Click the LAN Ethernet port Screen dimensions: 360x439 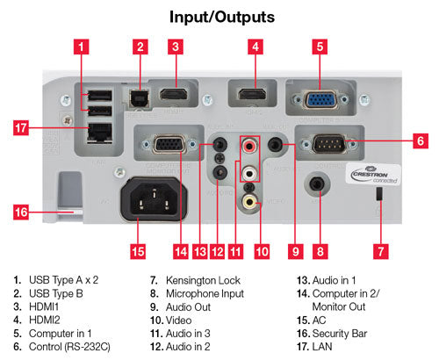(96, 133)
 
